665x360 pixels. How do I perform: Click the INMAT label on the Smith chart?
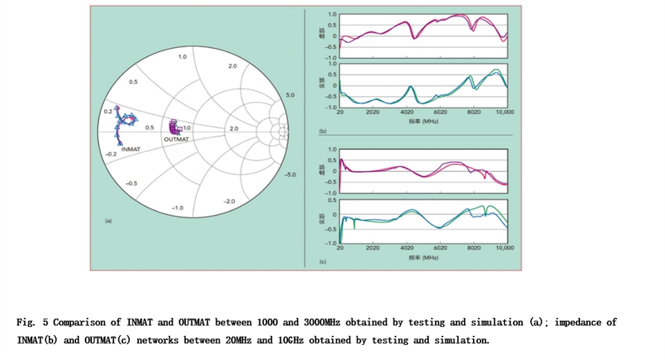pos(131,149)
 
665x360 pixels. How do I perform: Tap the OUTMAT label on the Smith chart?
pos(176,140)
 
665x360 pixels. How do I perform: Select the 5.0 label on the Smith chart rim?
pos(290,95)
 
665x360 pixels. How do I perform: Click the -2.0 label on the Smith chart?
pos(230,200)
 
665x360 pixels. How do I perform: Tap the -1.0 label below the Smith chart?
pos(178,207)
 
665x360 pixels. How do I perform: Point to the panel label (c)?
pos(322,262)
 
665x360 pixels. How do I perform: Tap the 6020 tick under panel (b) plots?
pos(440,112)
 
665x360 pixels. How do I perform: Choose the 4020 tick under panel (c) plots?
pos(406,247)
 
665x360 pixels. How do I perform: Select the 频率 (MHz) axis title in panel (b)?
pos(423,121)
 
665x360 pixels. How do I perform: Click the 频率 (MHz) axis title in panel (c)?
pos(423,257)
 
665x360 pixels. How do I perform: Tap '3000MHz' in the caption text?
pos(315,323)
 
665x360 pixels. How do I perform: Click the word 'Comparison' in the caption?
pos(80,323)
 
